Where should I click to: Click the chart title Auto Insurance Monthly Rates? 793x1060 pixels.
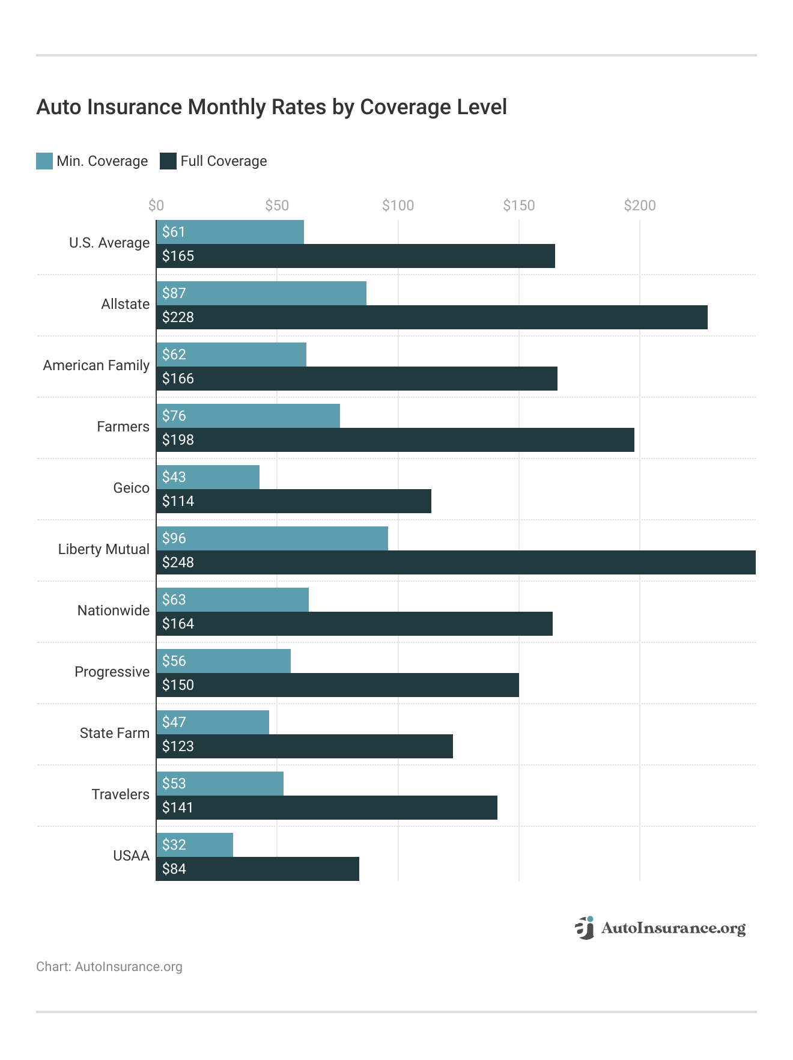click(272, 107)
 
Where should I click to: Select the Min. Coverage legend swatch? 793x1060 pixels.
click(44, 161)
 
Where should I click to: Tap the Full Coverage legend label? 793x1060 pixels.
click(223, 161)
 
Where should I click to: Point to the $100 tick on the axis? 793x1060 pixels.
click(398, 206)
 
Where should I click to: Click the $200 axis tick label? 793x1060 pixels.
click(639, 206)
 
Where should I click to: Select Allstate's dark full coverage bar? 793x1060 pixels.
click(431, 317)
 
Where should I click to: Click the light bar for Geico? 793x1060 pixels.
click(208, 477)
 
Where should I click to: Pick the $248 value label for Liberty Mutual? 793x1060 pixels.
click(178, 562)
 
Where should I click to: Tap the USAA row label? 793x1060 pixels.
click(131, 856)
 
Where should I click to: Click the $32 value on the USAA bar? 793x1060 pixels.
click(174, 845)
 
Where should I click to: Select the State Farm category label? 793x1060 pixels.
click(114, 733)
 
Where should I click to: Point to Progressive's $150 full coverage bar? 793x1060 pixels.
click(338, 685)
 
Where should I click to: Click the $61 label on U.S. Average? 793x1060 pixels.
click(174, 232)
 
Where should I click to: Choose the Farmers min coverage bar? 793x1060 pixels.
click(248, 416)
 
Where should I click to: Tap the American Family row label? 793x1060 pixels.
click(96, 365)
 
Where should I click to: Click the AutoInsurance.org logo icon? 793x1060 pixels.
click(584, 928)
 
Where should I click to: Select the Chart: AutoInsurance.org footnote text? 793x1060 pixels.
click(109, 967)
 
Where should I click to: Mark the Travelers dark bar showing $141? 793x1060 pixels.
click(327, 808)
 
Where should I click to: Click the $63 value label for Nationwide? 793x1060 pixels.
click(174, 600)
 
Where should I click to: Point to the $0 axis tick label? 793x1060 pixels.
click(156, 206)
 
